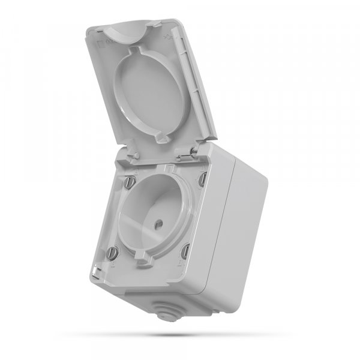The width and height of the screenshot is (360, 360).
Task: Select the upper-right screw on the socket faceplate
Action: [x=202, y=178]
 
